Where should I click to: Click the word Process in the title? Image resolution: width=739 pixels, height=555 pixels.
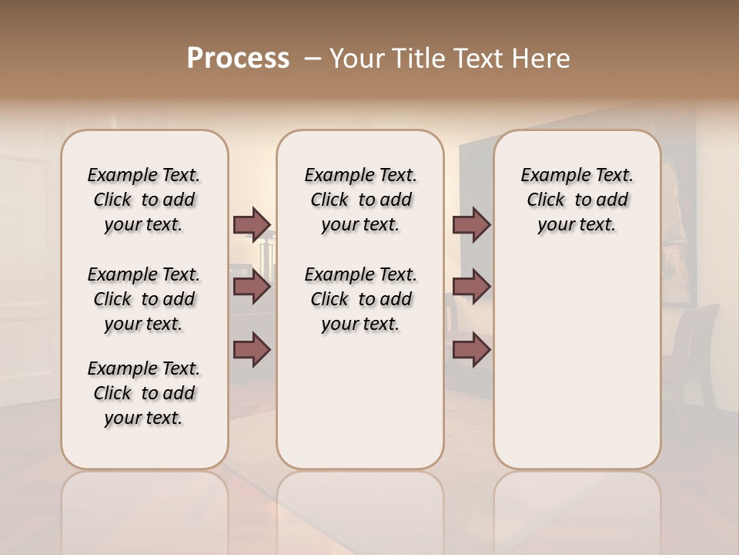(238, 59)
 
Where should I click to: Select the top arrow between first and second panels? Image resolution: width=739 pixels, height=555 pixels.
(252, 224)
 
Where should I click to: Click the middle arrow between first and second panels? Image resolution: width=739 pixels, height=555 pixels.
(252, 288)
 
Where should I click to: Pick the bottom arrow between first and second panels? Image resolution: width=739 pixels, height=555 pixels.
(252, 350)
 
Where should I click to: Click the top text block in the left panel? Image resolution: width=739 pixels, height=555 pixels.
(144, 200)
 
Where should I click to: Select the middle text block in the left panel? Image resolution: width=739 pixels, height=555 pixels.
(144, 299)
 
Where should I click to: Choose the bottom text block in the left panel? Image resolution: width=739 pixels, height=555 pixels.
(144, 393)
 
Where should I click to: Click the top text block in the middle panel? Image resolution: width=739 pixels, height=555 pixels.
(360, 200)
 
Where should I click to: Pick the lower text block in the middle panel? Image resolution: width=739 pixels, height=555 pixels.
(360, 299)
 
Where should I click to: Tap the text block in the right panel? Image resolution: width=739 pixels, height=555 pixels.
(577, 200)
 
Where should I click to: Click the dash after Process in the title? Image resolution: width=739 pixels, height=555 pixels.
(312, 59)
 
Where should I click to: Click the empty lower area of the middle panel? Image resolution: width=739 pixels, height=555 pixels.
(360, 401)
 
